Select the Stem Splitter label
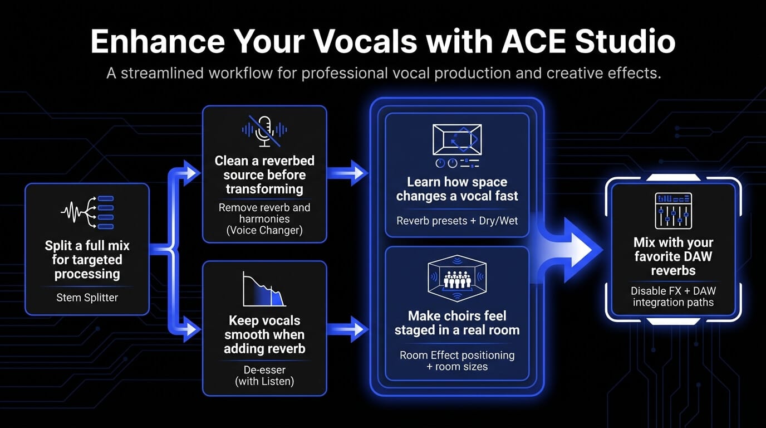click(x=87, y=298)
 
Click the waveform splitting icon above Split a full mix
click(x=87, y=212)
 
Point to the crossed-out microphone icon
click(x=264, y=130)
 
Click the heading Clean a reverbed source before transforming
click(x=264, y=175)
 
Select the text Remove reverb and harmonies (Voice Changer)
click(x=264, y=219)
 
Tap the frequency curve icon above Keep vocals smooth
click(x=264, y=289)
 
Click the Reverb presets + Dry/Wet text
click(x=457, y=221)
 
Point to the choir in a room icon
click(x=457, y=279)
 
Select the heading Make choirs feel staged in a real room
click(x=457, y=323)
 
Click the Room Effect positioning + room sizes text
click(x=457, y=361)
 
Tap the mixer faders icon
click(x=673, y=211)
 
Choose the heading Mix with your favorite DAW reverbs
click(x=673, y=257)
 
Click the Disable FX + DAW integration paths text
click(x=673, y=296)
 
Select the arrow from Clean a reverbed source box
click(x=346, y=173)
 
